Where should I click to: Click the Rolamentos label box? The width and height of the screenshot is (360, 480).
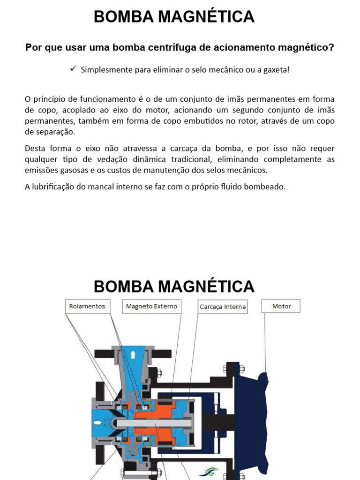[x=87, y=307]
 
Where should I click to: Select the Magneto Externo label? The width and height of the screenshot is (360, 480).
[x=151, y=307]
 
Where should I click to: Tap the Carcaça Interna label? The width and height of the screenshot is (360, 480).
[x=223, y=307]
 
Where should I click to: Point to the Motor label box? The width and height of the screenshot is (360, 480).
[x=281, y=307]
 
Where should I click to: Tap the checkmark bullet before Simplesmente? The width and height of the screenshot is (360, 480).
[x=73, y=69]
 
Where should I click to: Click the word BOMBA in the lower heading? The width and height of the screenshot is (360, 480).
[x=123, y=286]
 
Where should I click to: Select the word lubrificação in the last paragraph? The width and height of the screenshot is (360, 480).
[x=54, y=187]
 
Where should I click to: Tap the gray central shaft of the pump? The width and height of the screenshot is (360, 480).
[x=155, y=423]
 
